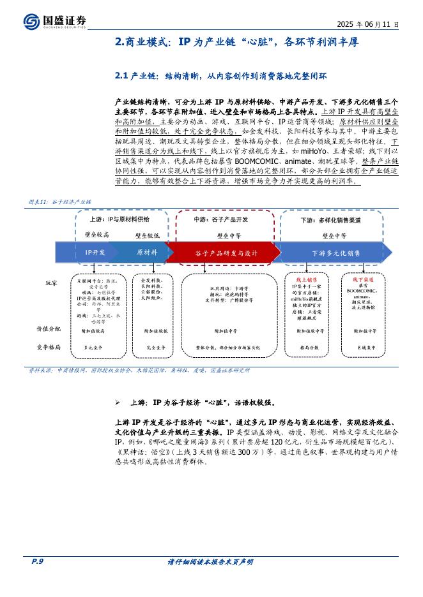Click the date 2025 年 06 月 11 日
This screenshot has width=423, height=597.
(x=368, y=24)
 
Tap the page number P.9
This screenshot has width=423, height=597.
(x=36, y=561)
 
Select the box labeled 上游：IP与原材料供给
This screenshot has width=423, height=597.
(x=116, y=219)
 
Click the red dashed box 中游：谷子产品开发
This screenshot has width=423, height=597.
(x=221, y=219)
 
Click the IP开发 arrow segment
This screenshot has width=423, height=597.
(x=95, y=253)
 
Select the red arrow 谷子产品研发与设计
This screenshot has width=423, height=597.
(x=226, y=253)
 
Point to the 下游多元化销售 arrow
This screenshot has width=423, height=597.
(x=335, y=253)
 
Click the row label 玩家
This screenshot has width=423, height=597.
(x=51, y=282)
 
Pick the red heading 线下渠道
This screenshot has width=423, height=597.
(x=363, y=279)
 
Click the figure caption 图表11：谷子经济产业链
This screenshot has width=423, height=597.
(x=61, y=202)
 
